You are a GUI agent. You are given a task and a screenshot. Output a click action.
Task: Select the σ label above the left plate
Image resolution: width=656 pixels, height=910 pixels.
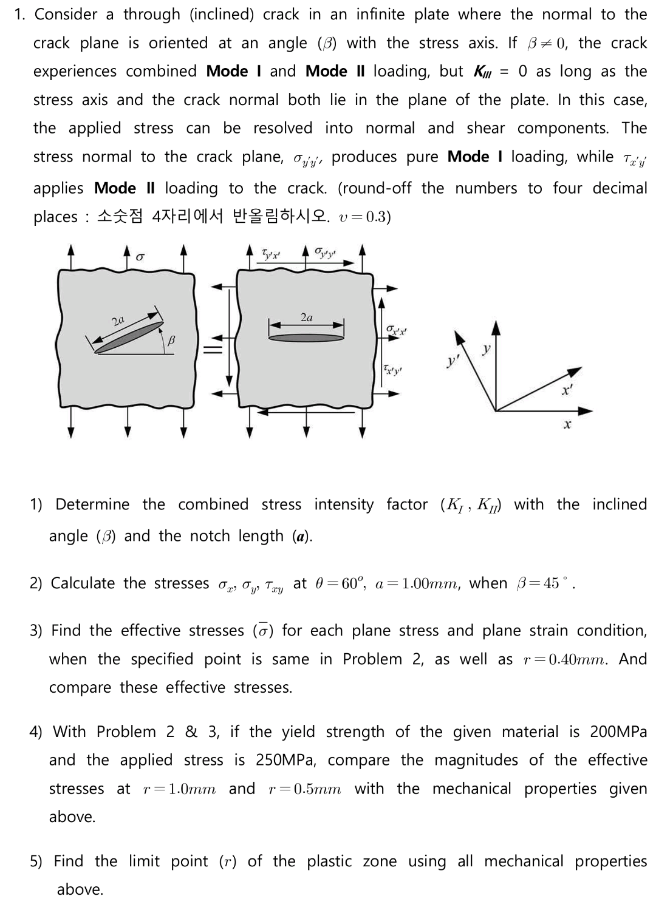point(140,257)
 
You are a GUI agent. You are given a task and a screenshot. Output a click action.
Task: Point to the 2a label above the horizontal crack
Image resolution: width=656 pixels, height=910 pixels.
point(307,317)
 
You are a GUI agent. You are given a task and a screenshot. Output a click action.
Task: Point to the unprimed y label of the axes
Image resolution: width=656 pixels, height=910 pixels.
point(486,349)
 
